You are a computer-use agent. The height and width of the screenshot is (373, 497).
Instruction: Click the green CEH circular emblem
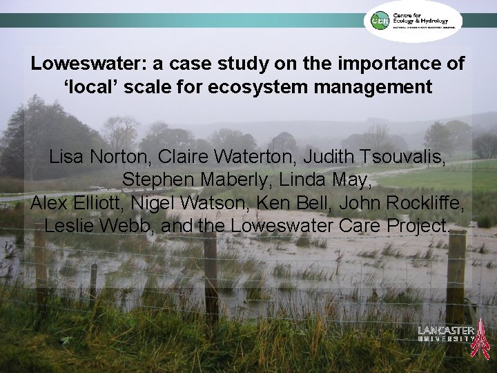coord(377,21)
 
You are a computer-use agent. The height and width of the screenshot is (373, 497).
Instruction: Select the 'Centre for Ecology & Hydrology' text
coord(425,20)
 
